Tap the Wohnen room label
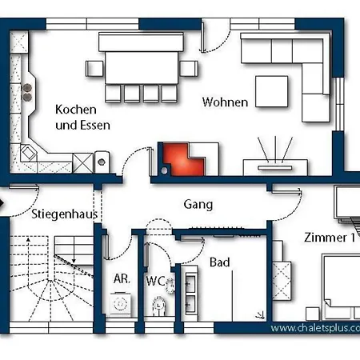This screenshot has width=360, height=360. pos(225,102)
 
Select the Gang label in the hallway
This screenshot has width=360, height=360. pos(198,205)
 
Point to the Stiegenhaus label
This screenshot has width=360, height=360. pos(65,214)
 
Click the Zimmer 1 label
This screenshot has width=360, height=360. pos(330,238)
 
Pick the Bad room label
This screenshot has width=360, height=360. pos(220,262)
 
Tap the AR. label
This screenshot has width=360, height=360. pos(122,279)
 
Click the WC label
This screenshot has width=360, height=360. pos(155,281)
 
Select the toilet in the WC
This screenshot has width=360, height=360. pos(159,306)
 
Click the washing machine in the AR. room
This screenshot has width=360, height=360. pos(120,304)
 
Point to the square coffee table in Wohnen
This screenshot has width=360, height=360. pos(271,91)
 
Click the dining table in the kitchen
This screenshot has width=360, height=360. pos(142,68)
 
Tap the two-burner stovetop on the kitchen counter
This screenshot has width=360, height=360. pos(27,92)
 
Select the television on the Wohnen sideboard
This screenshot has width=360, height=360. pos(275,168)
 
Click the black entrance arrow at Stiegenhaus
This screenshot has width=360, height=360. pos(2,203)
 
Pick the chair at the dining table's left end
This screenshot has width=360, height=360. pos(94,69)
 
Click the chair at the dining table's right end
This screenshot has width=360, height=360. pos(189,69)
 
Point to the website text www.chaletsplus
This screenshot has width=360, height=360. pos(315,328)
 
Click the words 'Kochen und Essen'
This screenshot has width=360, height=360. pos(82,118)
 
